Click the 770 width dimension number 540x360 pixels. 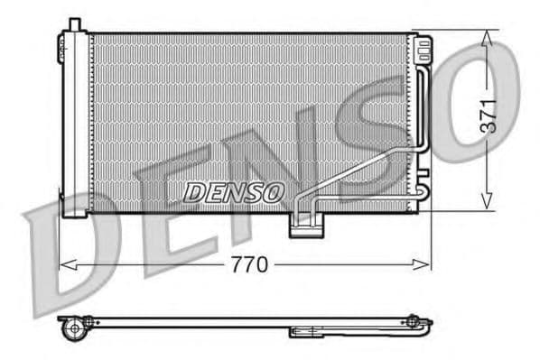(x=249, y=264)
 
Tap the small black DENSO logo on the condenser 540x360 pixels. (x=234, y=191)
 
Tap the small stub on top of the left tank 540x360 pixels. (x=74, y=23)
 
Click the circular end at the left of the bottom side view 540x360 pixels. (x=73, y=329)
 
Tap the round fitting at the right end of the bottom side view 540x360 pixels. (x=413, y=320)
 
